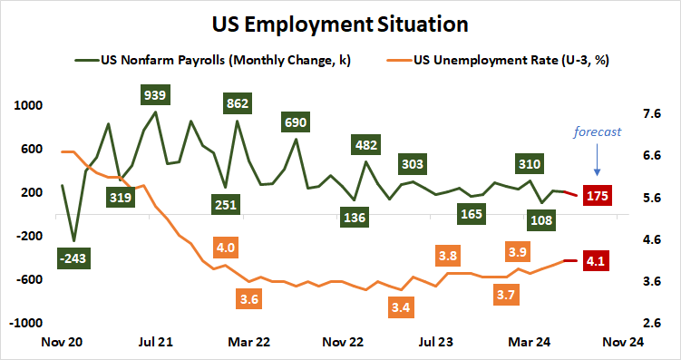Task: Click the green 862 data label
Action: tap(237, 103)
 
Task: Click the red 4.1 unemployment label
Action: tap(598, 261)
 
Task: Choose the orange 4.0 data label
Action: tap(226, 247)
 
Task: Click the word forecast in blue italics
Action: tap(596, 132)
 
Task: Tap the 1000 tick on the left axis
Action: tap(30, 105)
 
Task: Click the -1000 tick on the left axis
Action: tap(28, 323)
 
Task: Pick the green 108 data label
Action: tap(544, 219)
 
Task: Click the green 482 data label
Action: tap(366, 145)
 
